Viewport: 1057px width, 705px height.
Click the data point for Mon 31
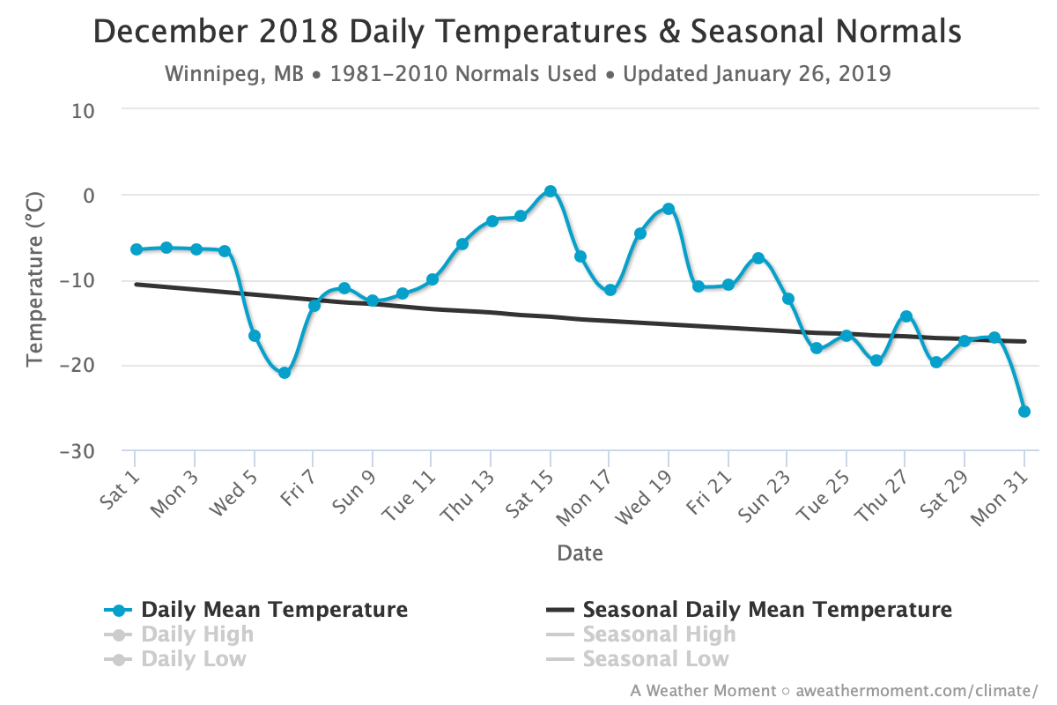tap(1024, 412)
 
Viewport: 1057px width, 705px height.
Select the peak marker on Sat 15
tap(551, 191)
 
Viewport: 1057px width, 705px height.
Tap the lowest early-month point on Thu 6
tap(284, 373)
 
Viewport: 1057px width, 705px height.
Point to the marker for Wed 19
tap(669, 209)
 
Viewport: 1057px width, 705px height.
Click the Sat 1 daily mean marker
tap(137, 249)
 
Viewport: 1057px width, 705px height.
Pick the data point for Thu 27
tap(906, 316)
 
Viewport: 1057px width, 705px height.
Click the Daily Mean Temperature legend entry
tap(255, 610)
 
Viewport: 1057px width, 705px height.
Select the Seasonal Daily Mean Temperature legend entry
tap(749, 610)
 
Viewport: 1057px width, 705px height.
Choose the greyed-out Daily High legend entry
tap(179, 634)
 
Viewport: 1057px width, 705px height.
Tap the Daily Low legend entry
tap(175, 658)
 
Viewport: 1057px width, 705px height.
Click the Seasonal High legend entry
tap(641, 634)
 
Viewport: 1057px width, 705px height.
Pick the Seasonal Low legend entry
tap(637, 658)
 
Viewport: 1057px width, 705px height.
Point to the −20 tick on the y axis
tap(77, 365)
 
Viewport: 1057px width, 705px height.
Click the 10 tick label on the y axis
tap(83, 111)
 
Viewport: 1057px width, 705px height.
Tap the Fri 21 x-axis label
tap(708, 492)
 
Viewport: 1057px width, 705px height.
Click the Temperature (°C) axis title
tap(34, 279)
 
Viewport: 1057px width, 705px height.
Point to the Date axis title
tap(580, 553)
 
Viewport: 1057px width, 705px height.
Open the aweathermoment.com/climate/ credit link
tap(917, 690)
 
